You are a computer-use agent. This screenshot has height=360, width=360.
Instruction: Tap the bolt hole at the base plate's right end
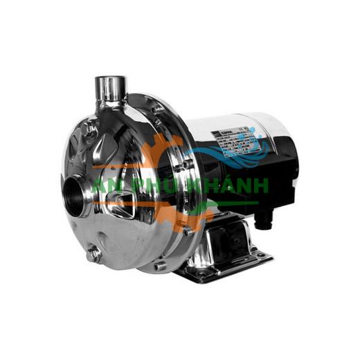point(264,258)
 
